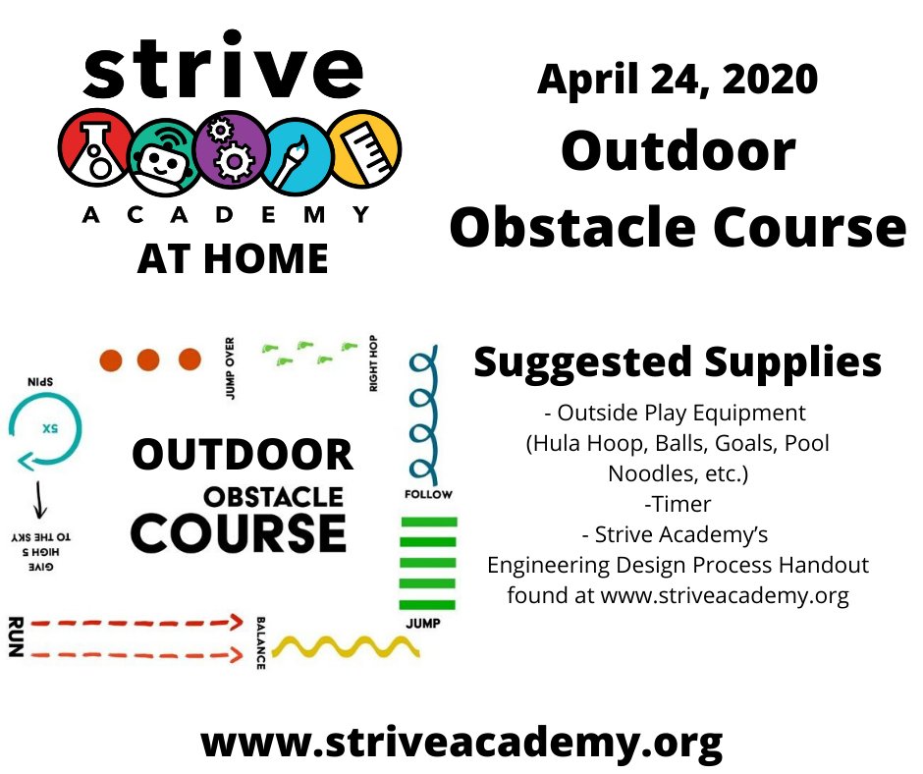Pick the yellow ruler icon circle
coord(362,150)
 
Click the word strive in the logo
coord(224,68)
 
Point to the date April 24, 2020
coord(677,80)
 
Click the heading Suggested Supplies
coord(678,362)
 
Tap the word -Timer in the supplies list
coord(678,504)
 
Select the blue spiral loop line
coord(422,413)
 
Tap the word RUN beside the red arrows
coord(14,637)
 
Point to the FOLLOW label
coord(428,494)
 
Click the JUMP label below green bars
coord(423,624)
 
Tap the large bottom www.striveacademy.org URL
coord(461,740)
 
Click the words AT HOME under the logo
coord(233,257)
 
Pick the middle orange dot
coord(148,360)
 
